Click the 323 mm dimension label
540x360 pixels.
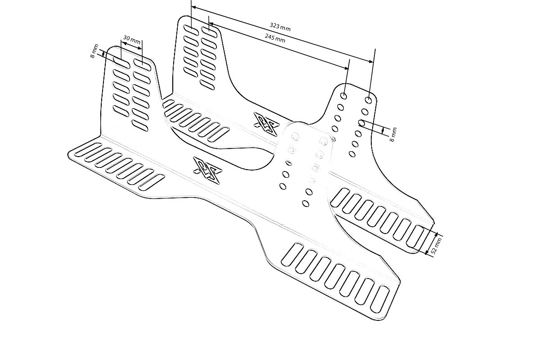280,27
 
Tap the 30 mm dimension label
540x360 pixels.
131,39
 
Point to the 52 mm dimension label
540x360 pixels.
436,246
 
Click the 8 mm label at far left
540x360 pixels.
94,51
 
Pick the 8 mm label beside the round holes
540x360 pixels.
393,135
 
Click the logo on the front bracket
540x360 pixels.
205,171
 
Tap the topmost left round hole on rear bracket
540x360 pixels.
343,96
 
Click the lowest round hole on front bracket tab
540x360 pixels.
306,203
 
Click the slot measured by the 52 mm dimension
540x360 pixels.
416,238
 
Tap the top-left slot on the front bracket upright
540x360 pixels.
121,61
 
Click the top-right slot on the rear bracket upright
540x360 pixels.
209,31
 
